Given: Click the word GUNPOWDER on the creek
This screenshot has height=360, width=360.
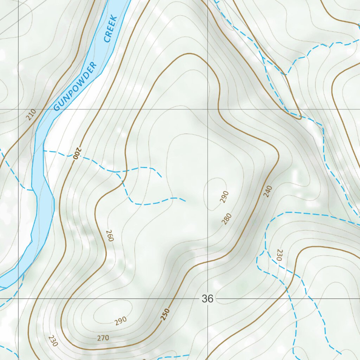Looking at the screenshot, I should point(75,86).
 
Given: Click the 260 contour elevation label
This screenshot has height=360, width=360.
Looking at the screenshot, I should point(109,236).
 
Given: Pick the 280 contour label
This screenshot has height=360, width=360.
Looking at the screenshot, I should point(227,219).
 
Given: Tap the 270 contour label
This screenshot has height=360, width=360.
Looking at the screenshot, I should point(103,338).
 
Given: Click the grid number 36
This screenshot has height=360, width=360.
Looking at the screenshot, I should point(207,299).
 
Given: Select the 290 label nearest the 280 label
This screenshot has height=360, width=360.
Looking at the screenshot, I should point(224,197).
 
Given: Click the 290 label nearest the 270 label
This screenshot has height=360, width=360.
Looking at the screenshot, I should point(120,321).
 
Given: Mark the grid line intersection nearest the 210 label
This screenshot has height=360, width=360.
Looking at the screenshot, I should point(18,109).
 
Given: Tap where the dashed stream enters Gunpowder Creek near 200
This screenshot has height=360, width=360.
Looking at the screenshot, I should point(44,151).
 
